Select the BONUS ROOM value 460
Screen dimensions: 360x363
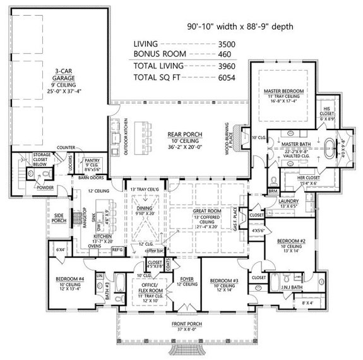228,54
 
